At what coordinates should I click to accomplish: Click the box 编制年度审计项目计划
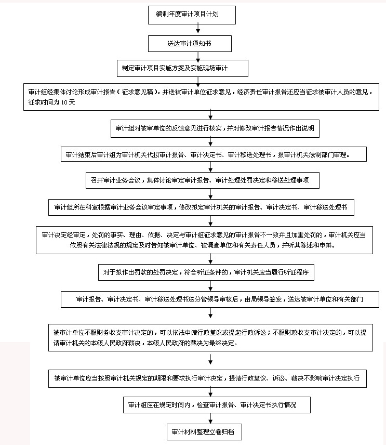coord(192,15)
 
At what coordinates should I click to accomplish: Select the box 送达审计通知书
coord(190,44)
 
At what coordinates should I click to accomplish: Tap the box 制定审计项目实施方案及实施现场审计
coord(182,68)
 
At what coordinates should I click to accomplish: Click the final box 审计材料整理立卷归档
coord(204,432)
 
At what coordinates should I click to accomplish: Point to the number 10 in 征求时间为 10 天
coord(64,102)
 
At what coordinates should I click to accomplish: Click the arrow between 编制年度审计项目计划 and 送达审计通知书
coord(198,29)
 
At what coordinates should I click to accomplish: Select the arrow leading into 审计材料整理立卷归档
coord(210,418)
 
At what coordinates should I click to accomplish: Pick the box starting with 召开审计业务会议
coord(203,180)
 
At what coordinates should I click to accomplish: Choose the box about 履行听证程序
coord(206,272)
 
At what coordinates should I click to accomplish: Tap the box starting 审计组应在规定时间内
coord(217,405)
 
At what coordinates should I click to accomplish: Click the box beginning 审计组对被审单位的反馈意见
coord(215,128)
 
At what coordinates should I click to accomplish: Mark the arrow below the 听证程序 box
coord(210,286)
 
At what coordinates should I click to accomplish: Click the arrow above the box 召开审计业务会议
coord(210,167)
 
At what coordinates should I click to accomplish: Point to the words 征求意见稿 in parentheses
coord(138,92)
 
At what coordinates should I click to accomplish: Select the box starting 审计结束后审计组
coord(214,154)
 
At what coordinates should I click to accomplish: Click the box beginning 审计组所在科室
coord(201,207)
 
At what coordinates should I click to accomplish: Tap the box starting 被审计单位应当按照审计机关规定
coord(207,378)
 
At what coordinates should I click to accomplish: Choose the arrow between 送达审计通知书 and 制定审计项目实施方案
coord(198,57)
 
